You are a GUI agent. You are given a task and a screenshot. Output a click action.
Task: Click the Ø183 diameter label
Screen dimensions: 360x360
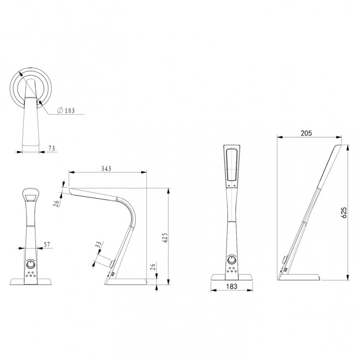pyautogui.click(x=68, y=110)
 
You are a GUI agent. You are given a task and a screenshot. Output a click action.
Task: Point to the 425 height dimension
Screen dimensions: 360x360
pyautogui.click(x=164, y=238)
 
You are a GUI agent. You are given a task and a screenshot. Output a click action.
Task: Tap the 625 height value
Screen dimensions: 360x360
pyautogui.click(x=343, y=212)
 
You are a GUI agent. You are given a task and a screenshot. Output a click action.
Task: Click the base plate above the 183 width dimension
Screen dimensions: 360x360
pyautogui.click(x=233, y=278)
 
